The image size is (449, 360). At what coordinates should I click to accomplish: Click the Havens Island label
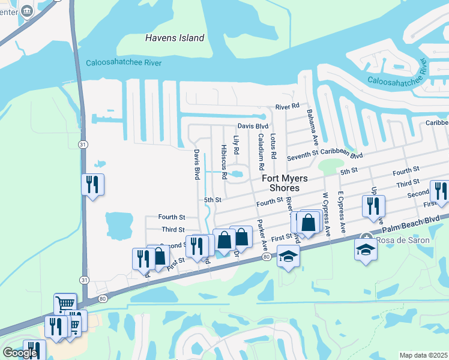click(x=175, y=38)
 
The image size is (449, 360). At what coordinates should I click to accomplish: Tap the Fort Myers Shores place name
click(x=284, y=183)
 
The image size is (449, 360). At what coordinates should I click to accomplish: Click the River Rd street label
click(x=287, y=106)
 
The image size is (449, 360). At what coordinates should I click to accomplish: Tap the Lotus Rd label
click(x=273, y=146)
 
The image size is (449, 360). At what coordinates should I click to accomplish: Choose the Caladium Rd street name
click(x=261, y=151)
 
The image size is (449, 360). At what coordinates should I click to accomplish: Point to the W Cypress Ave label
click(x=327, y=213)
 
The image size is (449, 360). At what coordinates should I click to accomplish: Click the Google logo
click(x=20, y=352)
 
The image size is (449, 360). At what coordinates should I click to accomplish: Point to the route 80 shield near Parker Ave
click(x=265, y=257)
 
